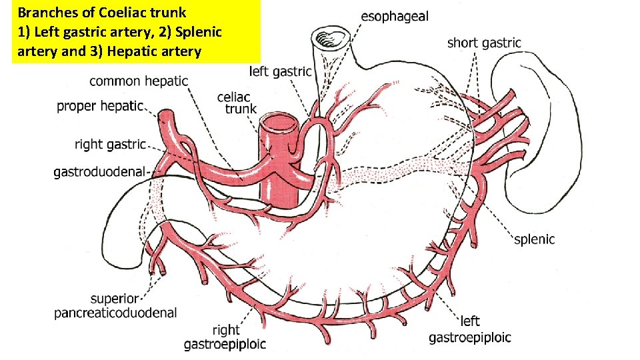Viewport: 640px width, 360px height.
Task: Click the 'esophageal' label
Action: tap(395, 16)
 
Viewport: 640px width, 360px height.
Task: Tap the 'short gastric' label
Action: tap(484, 43)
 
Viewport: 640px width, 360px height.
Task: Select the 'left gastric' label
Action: tap(281, 71)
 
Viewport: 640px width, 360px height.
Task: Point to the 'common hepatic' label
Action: tap(139, 81)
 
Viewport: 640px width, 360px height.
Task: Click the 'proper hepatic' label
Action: tap(100, 105)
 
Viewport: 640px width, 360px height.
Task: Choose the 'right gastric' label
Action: tap(110, 144)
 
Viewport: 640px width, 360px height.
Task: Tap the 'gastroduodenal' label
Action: tap(99, 173)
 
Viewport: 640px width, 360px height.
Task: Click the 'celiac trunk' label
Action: tap(236, 103)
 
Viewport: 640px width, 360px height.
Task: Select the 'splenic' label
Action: tap(534, 239)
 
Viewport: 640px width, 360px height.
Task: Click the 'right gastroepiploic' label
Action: tap(225, 337)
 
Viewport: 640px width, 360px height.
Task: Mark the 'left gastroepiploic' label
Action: tap(469, 331)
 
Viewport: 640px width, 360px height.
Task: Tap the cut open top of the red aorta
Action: tap(278, 123)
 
